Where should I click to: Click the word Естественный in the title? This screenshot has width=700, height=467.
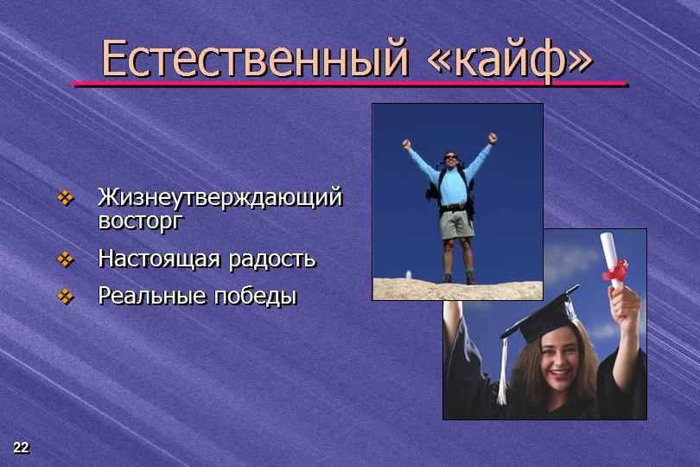point(255,58)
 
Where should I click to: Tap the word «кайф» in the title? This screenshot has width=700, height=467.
point(510,60)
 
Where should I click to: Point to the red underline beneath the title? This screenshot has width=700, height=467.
point(348,84)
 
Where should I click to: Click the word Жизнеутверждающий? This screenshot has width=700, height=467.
point(220,198)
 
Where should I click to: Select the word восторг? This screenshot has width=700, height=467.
point(141,221)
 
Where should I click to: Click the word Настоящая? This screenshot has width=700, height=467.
point(159,259)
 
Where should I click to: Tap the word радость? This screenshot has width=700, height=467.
point(272,260)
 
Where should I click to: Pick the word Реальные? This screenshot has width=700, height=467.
point(152,296)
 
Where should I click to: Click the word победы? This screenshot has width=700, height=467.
point(255,296)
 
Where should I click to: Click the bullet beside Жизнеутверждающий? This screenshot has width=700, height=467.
point(66,198)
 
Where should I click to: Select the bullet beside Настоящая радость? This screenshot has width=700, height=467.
point(66,259)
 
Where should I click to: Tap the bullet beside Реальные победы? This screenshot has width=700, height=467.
point(66,296)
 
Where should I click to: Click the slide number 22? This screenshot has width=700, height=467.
point(21,447)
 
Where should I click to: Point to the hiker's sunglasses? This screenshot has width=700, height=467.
point(450,157)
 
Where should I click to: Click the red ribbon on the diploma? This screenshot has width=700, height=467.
point(615,270)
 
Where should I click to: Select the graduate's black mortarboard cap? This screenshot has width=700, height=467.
point(540,314)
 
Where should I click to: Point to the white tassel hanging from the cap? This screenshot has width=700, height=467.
point(503,371)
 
